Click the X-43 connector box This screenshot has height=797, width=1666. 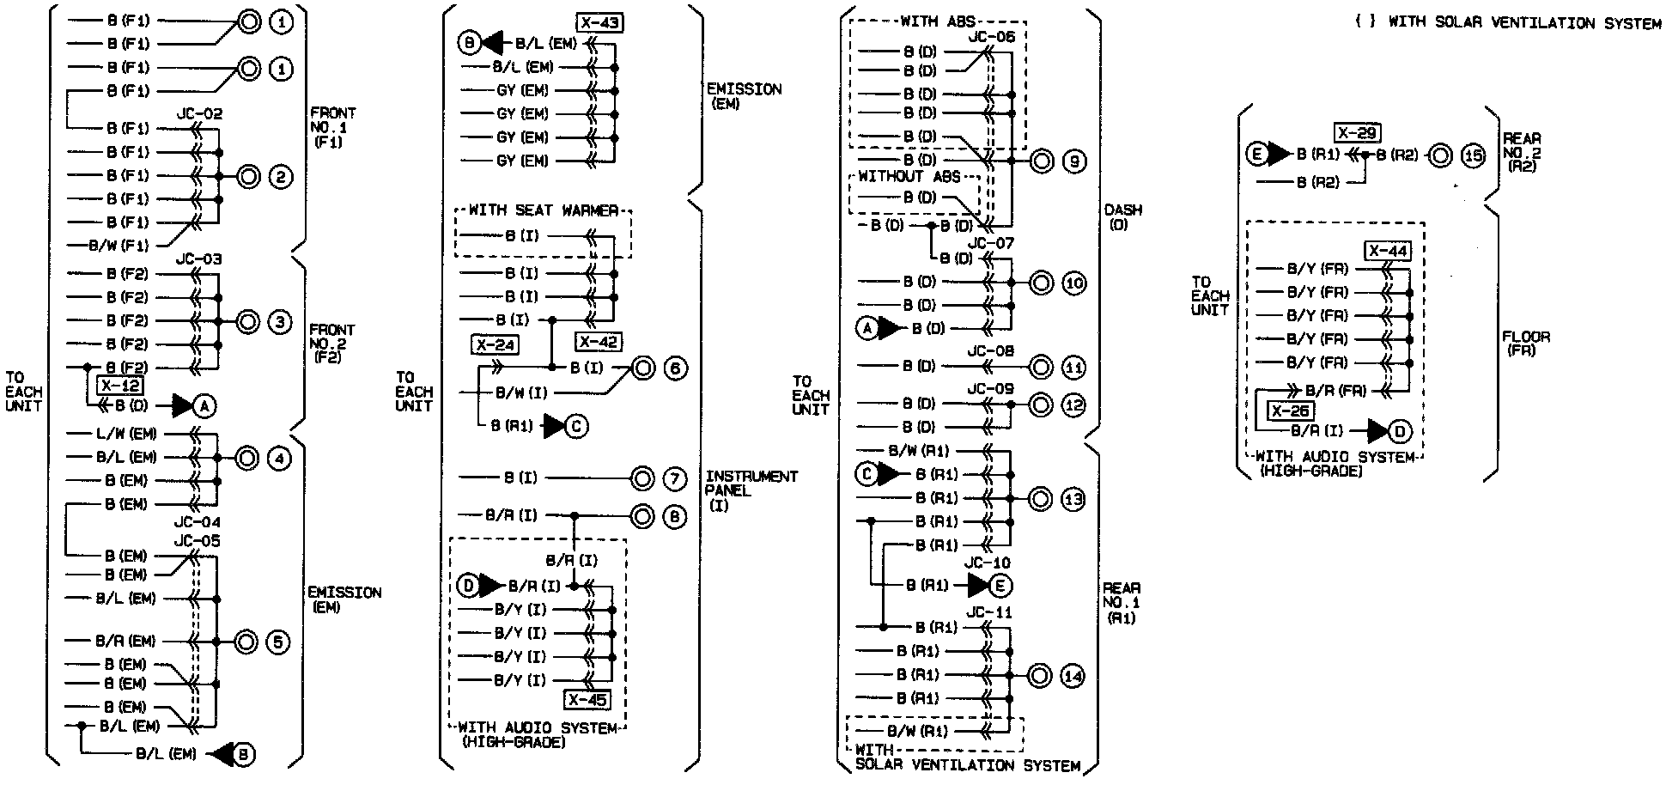tap(599, 22)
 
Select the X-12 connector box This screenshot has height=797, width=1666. tap(120, 386)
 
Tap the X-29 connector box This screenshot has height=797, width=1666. tap(1357, 133)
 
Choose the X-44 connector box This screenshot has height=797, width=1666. tap(1388, 251)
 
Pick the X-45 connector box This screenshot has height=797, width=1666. tap(587, 700)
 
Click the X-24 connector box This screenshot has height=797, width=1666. tap(494, 345)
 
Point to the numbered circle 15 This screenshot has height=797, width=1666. tap(1473, 155)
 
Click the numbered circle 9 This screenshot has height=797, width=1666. tap(1073, 161)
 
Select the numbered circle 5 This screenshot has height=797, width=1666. tap(280, 642)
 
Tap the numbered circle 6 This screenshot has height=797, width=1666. tap(675, 368)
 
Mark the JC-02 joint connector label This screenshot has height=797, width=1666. tap(199, 113)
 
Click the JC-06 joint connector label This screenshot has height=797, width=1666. tap(991, 37)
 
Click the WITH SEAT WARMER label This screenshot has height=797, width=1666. tap(543, 210)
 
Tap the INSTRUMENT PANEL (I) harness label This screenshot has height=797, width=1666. tap(751, 490)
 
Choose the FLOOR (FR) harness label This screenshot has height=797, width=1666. tap(1525, 344)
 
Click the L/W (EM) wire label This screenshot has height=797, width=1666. tap(126, 434)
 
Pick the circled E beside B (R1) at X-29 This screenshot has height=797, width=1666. tap(1257, 155)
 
